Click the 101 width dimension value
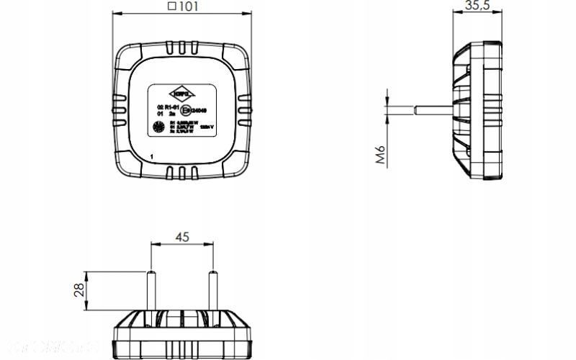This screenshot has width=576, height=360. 189,6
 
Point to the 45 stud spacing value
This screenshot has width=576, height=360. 182,237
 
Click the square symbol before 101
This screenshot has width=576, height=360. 171,6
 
